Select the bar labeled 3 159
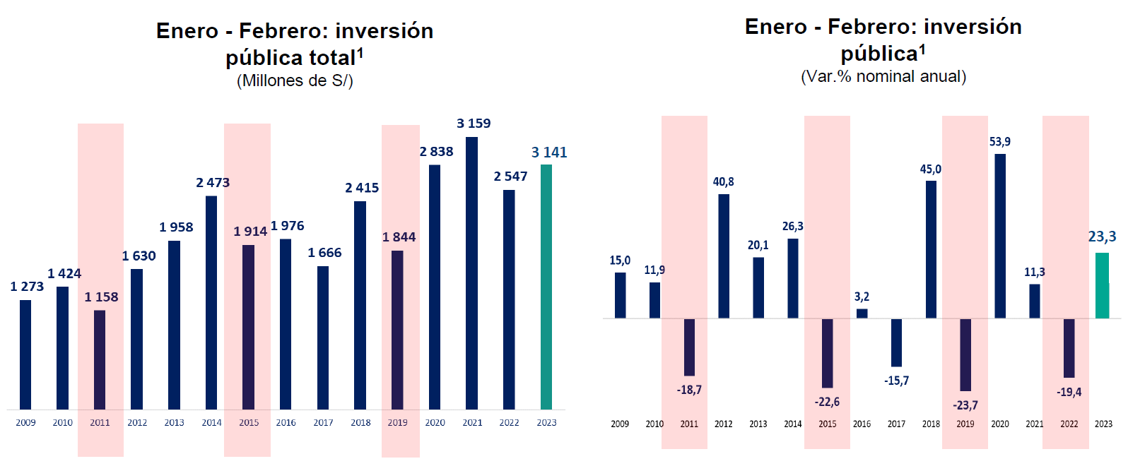tap(471, 273)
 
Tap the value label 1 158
tap(101, 297)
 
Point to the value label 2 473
tap(213, 183)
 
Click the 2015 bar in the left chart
tap(248, 327)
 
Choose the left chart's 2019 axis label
tap(397, 423)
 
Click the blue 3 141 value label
tap(549, 153)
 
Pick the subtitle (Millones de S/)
tap(295, 81)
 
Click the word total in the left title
tap(327, 58)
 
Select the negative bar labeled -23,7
tap(965, 354)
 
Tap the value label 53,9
tap(999, 142)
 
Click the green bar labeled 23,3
tap(1102, 285)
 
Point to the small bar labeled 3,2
tap(862, 313)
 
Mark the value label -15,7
tap(896, 381)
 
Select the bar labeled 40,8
tap(724, 256)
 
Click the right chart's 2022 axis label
tap(1069, 424)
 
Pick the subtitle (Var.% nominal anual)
tap(883, 77)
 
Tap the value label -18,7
tap(689, 390)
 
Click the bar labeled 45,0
tap(931, 249)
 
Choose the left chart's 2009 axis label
tap(25, 423)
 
